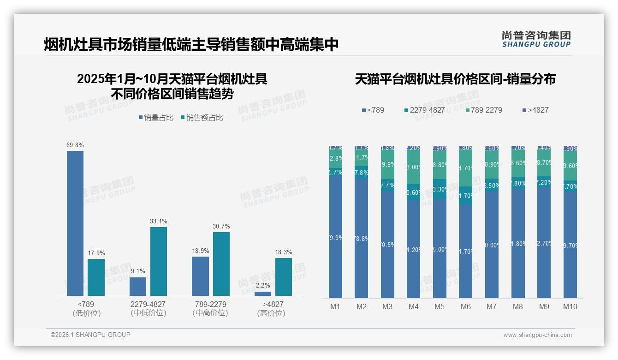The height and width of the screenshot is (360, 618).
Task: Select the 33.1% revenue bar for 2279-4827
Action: tap(158, 261)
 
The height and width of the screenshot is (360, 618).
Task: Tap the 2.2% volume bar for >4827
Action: tap(263, 294)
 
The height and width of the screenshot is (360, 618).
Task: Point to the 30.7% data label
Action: tap(221, 227)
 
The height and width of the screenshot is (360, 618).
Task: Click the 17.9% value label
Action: tap(96, 253)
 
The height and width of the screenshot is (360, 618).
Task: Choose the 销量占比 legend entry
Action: tap(156, 118)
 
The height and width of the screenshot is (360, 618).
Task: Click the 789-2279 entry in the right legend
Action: tap(484, 110)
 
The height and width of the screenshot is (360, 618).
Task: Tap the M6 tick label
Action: tap(466, 307)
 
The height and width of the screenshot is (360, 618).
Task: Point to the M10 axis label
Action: tap(570, 307)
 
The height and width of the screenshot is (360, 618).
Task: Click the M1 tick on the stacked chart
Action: tap(335, 307)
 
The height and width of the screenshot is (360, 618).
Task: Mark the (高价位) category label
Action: tap(271, 313)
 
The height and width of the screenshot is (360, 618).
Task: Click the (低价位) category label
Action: tap(86, 313)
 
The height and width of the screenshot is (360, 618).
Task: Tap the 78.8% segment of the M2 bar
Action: tap(361, 238)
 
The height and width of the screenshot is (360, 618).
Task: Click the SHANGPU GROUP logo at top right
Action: tap(536, 39)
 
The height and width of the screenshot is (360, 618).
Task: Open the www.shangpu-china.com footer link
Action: tap(537, 335)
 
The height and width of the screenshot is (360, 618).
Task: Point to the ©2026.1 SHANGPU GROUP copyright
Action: tap(90, 335)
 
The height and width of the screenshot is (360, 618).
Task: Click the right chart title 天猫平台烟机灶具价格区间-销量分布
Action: tap(455, 79)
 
